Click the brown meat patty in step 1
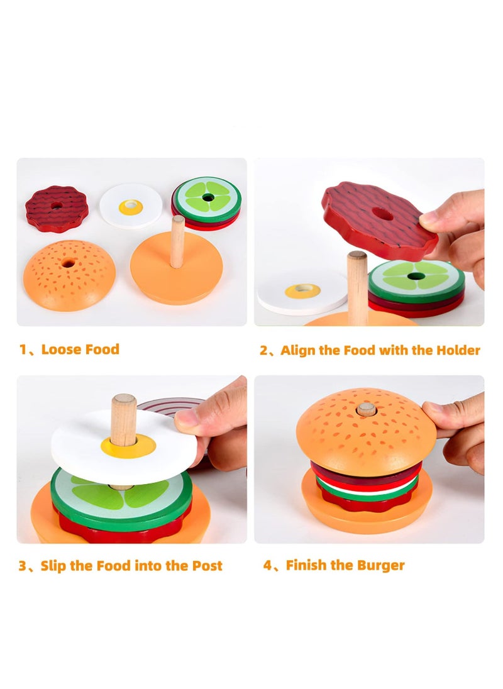coord(57,208)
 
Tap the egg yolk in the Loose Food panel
coord(131,207)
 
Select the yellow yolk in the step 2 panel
coord(302,291)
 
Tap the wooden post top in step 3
coord(124,401)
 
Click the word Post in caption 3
coord(207,566)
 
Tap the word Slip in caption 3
coord(53,566)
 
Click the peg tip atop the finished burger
coord(367,409)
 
